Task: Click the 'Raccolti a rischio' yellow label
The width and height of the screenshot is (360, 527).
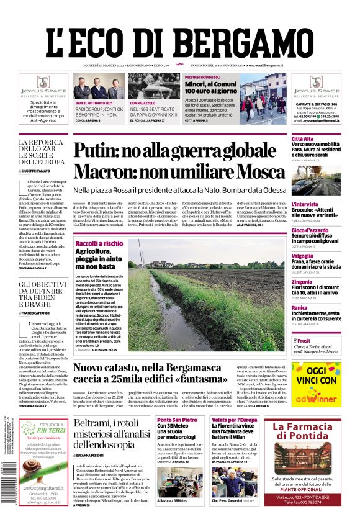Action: [99, 243]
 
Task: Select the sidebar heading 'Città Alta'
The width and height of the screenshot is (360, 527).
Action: [304, 138]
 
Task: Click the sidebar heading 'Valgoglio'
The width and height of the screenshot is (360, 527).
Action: [304, 256]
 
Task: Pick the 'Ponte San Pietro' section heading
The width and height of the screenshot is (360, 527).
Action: [179, 420]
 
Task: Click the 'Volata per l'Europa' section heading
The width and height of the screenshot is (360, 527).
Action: [233, 420]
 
